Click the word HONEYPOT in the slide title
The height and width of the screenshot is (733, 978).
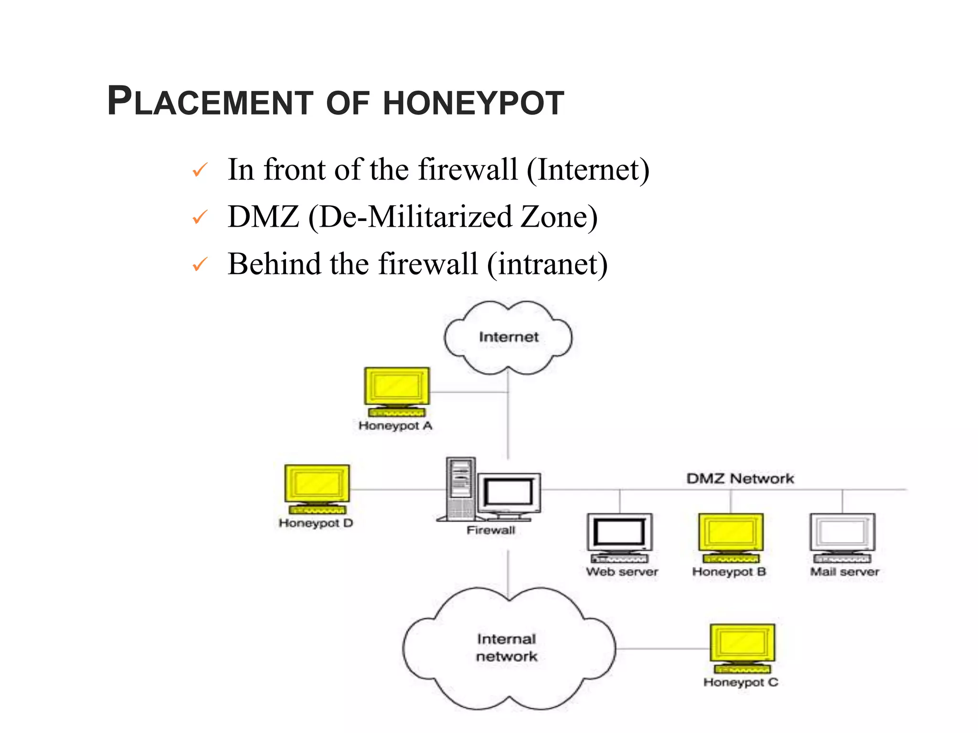473,103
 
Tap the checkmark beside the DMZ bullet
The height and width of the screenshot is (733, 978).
200,218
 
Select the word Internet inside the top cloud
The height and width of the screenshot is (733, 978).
509,337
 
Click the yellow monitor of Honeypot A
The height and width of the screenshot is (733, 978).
397,386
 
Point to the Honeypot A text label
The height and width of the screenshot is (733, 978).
395,426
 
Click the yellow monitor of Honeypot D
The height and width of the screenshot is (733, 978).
317,483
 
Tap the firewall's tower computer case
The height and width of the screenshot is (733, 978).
461,488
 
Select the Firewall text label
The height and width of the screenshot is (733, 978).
491,530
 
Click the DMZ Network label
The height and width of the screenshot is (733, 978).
740,479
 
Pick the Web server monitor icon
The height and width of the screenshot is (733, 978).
620,532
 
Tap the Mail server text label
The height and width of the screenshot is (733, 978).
844,572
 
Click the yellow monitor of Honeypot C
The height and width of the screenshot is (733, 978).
743,643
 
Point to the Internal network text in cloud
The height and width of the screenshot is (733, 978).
507,648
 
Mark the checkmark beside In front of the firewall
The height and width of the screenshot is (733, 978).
200,170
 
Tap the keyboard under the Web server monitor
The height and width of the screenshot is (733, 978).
619,558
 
